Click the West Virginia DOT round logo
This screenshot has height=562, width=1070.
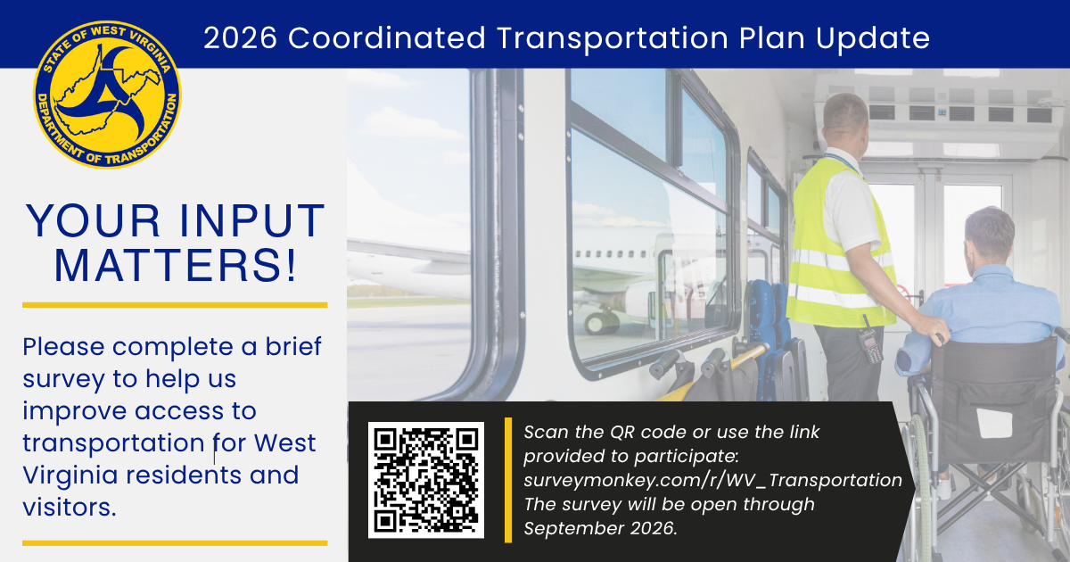(108, 95)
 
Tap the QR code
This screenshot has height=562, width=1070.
(426, 480)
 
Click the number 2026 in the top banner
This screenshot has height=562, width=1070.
(240, 37)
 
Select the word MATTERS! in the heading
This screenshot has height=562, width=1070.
(176, 265)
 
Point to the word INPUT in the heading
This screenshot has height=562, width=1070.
(251, 220)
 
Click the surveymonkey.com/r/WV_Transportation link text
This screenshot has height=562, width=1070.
(712, 480)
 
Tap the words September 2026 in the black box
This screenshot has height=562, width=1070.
(600, 528)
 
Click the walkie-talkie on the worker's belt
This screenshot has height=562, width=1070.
(870, 339)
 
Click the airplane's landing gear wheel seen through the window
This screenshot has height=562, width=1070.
(597, 323)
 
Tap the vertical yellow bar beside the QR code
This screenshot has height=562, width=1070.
(508, 480)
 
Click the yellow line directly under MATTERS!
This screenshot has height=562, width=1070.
(175, 305)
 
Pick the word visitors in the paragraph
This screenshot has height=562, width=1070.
(70, 507)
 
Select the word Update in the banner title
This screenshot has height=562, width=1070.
(873, 39)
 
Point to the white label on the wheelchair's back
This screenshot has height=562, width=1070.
(994, 424)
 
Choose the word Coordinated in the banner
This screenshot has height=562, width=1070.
(387, 37)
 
